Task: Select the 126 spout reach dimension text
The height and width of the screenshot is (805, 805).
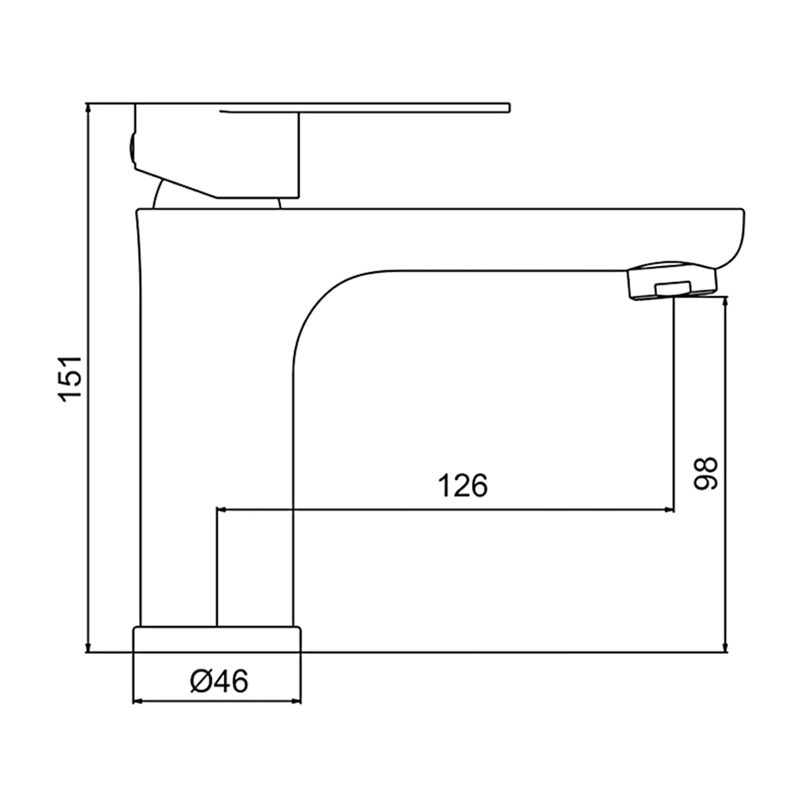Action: [x=463, y=485]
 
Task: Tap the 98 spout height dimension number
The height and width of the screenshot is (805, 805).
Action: [x=705, y=473]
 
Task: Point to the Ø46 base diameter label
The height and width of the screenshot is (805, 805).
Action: [x=219, y=682]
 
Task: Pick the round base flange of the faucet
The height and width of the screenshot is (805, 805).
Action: [x=217, y=639]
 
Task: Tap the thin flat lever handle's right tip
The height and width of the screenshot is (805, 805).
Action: [x=508, y=107]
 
